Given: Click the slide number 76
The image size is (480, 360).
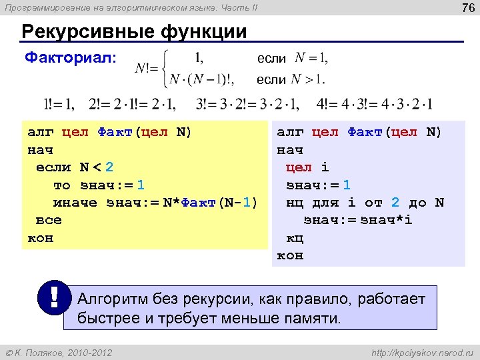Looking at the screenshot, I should click(x=466, y=8).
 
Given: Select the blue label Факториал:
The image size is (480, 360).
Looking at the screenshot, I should click(x=71, y=58).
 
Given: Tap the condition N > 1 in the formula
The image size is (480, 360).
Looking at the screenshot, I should click(x=310, y=80).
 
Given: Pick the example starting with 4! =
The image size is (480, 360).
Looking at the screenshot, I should click(x=376, y=104).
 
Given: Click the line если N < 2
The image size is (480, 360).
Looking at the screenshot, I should click(x=75, y=167).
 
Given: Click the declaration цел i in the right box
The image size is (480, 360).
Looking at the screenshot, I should click(x=307, y=167).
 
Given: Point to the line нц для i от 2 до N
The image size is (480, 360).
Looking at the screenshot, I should click(x=365, y=202).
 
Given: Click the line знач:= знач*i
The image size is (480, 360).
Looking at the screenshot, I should click(x=358, y=220).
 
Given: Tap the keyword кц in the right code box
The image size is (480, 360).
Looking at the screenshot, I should click(x=295, y=237).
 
